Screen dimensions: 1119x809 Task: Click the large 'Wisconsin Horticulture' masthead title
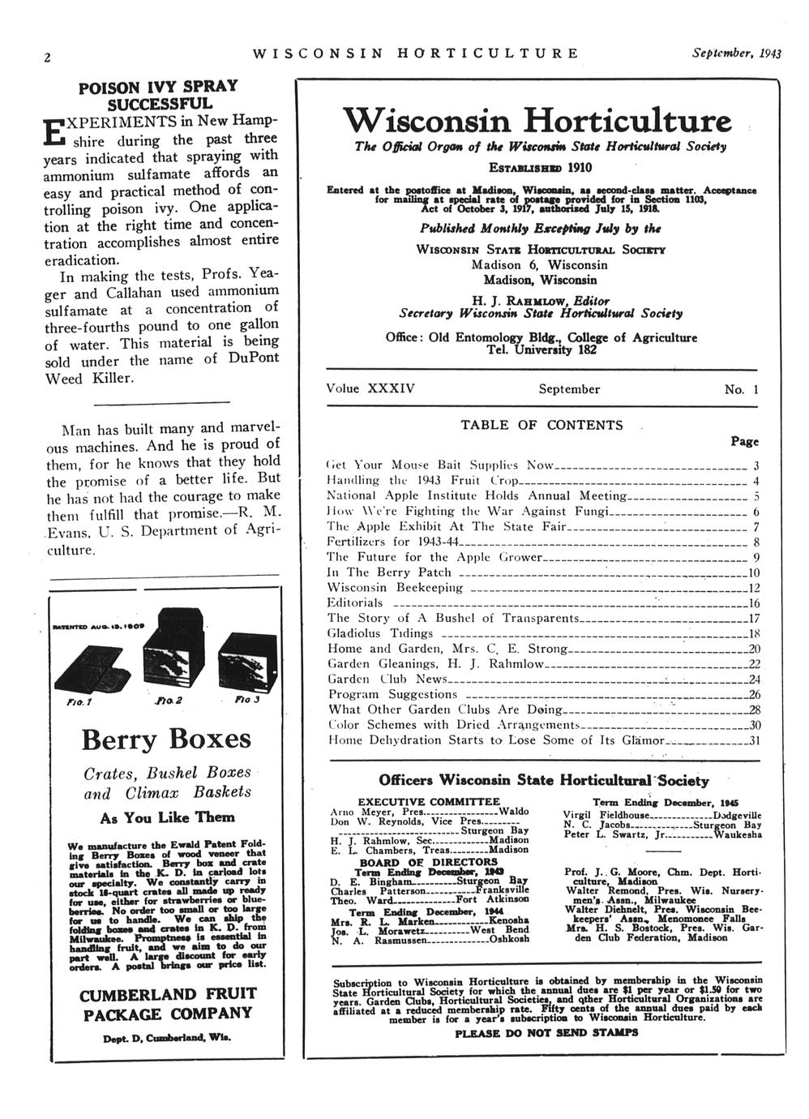537,122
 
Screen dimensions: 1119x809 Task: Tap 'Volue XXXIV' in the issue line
370,388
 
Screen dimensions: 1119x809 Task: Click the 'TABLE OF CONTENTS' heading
542,425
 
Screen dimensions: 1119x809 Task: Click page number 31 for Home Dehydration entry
754,740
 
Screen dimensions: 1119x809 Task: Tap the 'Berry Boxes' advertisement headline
166,740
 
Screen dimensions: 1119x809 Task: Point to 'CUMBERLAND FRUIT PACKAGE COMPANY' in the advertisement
168,1003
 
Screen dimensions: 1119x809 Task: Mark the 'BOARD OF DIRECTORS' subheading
430,862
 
